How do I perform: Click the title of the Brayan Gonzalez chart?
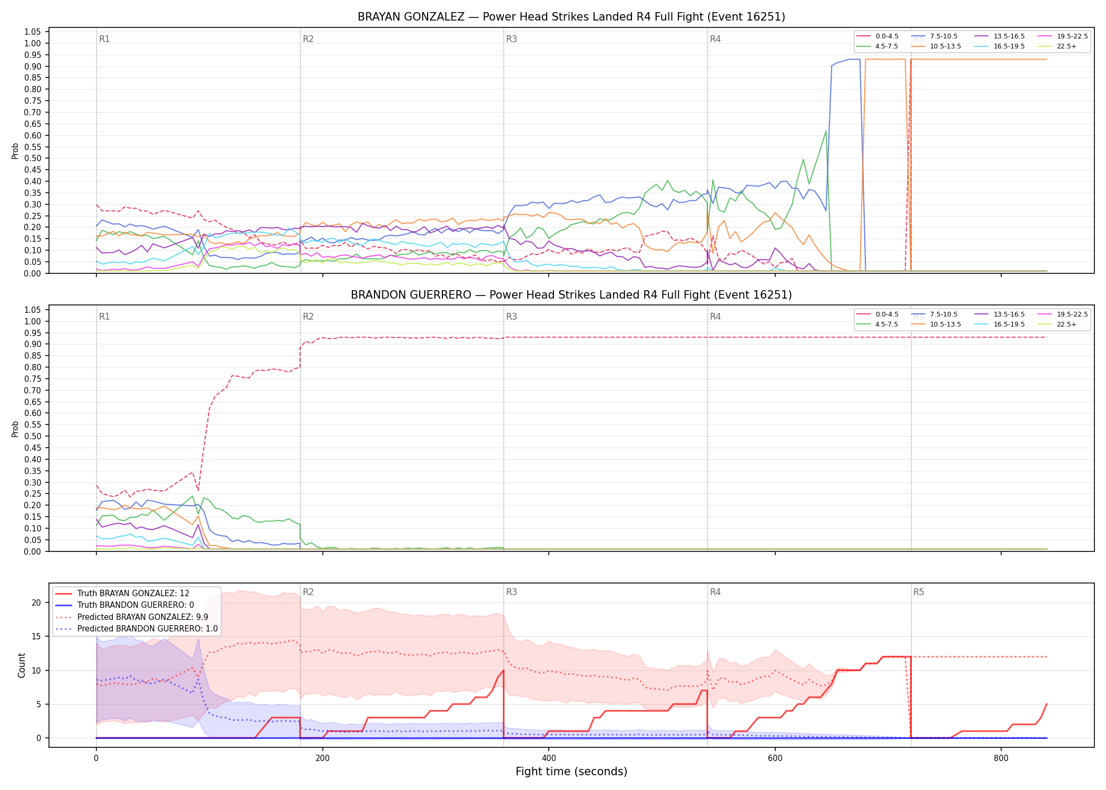[571, 17]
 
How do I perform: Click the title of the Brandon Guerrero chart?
[571, 295]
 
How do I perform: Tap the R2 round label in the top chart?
[308, 39]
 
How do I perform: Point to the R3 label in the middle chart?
[511, 317]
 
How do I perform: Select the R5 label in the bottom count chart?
[919, 592]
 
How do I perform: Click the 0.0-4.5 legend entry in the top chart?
[878, 36]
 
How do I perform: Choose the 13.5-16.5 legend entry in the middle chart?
[1000, 314]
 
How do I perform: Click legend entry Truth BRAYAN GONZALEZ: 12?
[123, 593]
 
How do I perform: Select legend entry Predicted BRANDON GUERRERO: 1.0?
[136, 628]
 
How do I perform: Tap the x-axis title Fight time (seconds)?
[571, 772]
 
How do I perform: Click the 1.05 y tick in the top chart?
[33, 32]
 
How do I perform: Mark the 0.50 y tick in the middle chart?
[33, 436]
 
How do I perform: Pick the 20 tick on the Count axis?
[36, 603]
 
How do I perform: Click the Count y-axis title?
[22, 665]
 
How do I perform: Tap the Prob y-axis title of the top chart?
[15, 151]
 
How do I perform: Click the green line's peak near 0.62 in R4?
[826, 131]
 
